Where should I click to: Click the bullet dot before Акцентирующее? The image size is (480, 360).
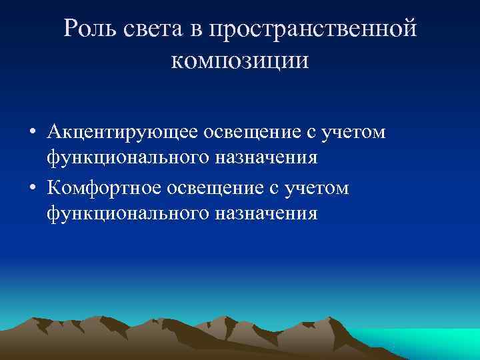(x=31, y=133)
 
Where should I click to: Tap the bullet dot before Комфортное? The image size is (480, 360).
(x=31, y=189)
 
